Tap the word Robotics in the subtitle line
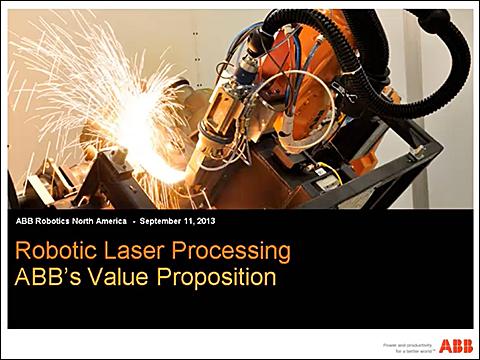(x=51, y=220)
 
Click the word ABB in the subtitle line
(x=26, y=220)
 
